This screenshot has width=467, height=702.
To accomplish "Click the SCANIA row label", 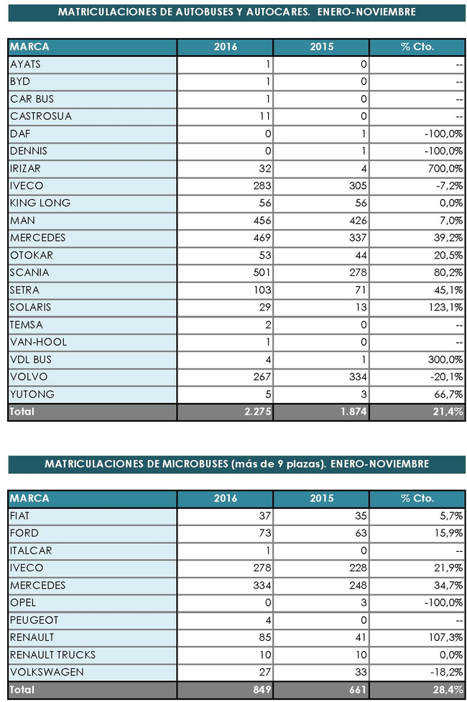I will [30, 273].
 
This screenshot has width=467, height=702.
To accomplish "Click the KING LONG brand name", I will [40, 203].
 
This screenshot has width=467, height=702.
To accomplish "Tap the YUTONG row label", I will [32, 394].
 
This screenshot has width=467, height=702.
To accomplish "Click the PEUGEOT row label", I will [34, 620].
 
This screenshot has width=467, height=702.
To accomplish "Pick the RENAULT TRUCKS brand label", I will [53, 655].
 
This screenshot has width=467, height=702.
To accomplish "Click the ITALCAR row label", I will [32, 550].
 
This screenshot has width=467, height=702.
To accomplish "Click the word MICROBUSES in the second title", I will [196, 464].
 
